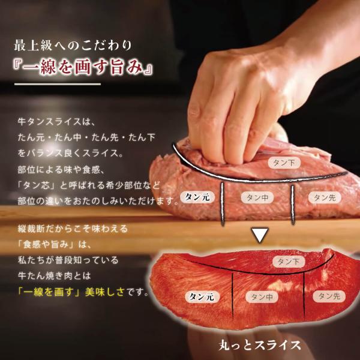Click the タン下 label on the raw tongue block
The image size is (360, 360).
(x=284, y=163)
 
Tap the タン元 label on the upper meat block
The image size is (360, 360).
(x=197, y=197)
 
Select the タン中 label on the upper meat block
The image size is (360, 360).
(x=257, y=197)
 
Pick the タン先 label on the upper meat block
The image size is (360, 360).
(x=325, y=197)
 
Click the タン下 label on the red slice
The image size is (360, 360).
(x=289, y=262)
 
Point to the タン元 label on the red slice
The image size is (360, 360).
(x=202, y=297)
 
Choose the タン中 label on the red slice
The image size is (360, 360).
(x=262, y=297)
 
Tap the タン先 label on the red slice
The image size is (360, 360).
(x=329, y=296)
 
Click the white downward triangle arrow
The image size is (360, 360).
(x=260, y=235)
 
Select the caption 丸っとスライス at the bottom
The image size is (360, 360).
(x=260, y=345)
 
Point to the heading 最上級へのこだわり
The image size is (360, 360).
(x=73, y=45)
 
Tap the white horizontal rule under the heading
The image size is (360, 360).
(x=58, y=84)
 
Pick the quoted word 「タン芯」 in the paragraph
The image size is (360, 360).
(x=37, y=185)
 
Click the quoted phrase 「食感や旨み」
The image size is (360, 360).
(x=46, y=245)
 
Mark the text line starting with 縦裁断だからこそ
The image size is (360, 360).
(x=73, y=229)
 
